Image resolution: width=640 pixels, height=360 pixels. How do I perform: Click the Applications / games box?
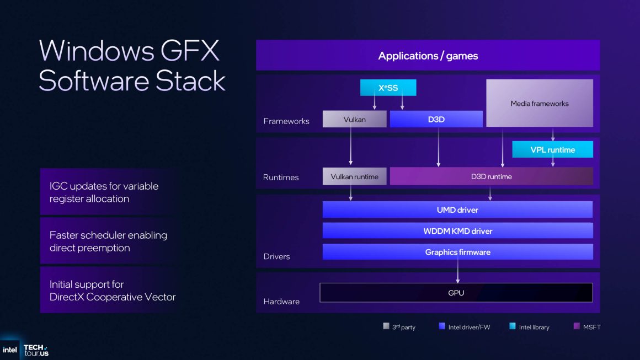point(428,56)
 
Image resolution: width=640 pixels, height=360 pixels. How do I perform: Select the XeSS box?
point(388,88)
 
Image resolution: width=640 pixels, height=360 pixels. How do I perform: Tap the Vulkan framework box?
point(354,119)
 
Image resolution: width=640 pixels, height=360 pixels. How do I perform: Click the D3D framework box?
point(436,119)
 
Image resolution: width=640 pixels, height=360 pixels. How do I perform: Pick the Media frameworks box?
point(539,103)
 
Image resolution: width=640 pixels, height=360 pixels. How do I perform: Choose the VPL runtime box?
point(552,149)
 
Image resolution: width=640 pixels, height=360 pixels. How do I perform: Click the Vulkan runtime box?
point(354,176)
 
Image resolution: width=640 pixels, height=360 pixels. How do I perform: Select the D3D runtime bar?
point(491,176)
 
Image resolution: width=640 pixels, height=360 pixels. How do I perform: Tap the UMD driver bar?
point(457,209)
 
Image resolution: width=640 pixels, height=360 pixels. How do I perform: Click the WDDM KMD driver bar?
point(457,230)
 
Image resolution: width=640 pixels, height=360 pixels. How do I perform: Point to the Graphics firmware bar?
point(457,252)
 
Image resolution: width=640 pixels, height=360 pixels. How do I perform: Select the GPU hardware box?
point(456,293)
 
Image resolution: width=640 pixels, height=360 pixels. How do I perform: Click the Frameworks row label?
point(286,121)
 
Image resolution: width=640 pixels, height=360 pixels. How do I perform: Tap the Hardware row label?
point(281,302)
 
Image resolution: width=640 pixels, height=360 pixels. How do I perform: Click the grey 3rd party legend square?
point(386,326)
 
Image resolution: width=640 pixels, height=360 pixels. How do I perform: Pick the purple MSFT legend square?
point(577,326)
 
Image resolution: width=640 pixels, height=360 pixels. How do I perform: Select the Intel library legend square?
point(513,326)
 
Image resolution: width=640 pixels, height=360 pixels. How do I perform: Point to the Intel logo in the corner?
point(9,350)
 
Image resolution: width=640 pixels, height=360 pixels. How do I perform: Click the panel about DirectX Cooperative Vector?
point(109,291)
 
